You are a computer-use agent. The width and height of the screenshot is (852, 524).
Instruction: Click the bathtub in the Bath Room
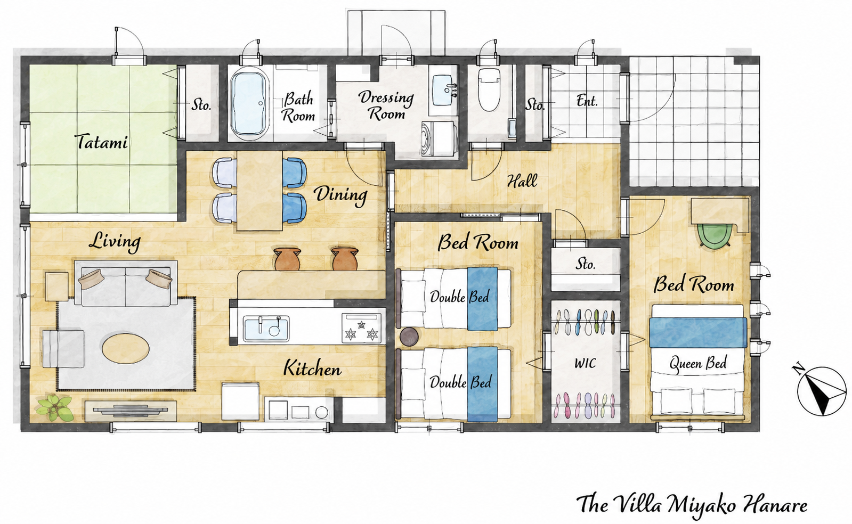[250, 103]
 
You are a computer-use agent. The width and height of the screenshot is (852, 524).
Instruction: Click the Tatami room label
[102, 142]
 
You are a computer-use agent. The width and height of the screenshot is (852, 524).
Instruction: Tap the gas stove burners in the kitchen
[361, 328]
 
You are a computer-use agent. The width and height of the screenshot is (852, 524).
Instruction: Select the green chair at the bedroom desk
[715, 235]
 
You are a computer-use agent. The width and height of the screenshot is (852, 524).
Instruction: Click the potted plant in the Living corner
[54, 407]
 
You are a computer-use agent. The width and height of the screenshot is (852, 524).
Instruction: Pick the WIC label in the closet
[585, 363]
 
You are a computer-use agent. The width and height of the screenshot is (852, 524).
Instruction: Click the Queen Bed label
[698, 364]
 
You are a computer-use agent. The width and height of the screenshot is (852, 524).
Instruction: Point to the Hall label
[522, 181]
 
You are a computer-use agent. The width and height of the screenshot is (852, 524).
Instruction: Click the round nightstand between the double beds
[409, 337]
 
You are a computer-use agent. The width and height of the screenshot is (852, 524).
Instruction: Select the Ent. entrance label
[587, 101]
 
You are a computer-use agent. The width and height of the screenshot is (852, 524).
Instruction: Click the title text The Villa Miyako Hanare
[692, 504]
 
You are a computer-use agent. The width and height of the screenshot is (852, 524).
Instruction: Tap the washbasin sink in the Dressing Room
[443, 91]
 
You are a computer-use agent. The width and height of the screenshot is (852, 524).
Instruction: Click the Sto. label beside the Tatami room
[201, 104]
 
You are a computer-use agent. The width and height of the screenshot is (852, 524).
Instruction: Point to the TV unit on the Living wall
[131, 410]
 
